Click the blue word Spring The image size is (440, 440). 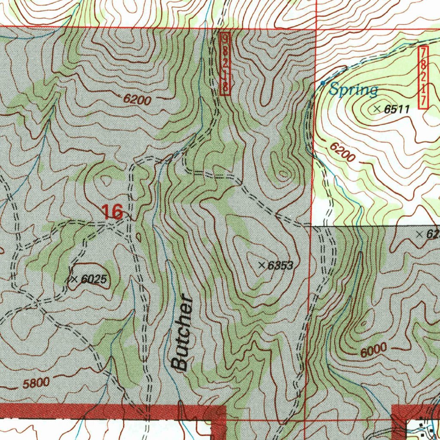(x=354, y=90)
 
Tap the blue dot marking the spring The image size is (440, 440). (x=323, y=82)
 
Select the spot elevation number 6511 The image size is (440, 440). (x=397, y=110)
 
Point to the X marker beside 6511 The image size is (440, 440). (x=377, y=109)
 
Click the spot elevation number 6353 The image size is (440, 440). (x=280, y=266)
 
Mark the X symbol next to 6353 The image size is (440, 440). (x=262, y=265)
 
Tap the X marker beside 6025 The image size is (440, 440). (x=74, y=279)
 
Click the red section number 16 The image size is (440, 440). (x=112, y=211)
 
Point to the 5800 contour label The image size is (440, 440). (x=36, y=383)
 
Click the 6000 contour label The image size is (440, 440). (x=373, y=351)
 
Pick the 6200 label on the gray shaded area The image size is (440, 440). (x=137, y=100)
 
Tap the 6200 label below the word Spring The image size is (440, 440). (x=342, y=152)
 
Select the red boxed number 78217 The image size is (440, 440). (x=423, y=77)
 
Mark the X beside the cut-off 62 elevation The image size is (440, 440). (x=420, y=234)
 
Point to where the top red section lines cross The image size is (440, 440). (x=316, y=28)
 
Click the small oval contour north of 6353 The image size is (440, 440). (x=283, y=174)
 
